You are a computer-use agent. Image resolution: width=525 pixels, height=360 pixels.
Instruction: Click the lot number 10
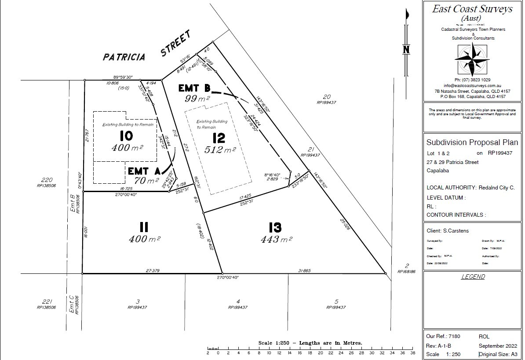point(126,135)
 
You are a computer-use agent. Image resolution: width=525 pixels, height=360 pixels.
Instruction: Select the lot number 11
point(143,227)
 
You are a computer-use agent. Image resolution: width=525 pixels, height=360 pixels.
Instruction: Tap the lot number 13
point(275,227)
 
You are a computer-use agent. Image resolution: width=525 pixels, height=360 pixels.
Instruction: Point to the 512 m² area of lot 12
point(220,150)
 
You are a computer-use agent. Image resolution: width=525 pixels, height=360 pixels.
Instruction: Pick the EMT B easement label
point(194,88)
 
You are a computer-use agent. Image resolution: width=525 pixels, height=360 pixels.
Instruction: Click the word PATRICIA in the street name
point(124,57)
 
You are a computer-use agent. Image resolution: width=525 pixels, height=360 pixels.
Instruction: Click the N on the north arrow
point(406,49)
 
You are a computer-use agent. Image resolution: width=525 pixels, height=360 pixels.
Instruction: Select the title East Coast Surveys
point(472,9)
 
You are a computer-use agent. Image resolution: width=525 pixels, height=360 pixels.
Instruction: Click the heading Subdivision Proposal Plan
point(472,142)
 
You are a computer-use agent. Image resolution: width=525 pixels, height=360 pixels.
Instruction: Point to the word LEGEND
point(473,276)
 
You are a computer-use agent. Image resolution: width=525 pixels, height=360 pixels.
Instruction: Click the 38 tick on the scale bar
point(412,353)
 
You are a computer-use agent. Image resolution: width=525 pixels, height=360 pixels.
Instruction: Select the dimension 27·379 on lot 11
point(152,271)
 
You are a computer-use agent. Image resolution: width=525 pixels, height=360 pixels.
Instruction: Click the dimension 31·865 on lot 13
point(304,271)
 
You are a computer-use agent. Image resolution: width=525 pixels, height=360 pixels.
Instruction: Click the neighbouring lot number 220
point(47,180)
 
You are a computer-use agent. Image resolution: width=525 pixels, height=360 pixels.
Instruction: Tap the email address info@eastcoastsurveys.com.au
point(472,85)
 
